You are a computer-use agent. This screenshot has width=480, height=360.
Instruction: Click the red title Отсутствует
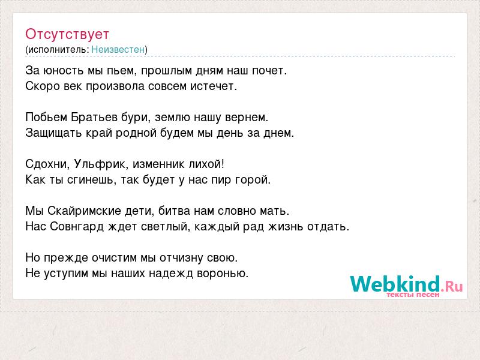pyautogui.click(x=67, y=34)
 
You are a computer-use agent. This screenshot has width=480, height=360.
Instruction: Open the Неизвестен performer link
pyautogui.click(x=118, y=50)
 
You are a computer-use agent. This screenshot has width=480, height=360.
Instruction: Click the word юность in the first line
pyautogui.click(x=64, y=71)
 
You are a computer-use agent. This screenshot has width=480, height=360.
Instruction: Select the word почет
pyautogui.click(x=269, y=71)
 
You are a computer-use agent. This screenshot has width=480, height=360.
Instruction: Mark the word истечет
pyautogui.click(x=214, y=86)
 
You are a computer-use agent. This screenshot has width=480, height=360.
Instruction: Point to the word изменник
pyautogui.click(x=159, y=164)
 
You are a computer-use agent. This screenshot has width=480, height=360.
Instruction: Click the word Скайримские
pyautogui.click(x=85, y=211)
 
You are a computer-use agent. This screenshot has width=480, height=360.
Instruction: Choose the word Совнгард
pyautogui.click(x=77, y=227)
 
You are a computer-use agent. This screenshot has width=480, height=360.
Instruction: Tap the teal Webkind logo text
pyautogui.click(x=395, y=284)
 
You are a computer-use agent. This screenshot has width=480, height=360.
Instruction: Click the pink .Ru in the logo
pyautogui.click(x=452, y=287)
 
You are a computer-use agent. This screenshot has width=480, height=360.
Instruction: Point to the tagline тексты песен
pyautogui.click(x=413, y=295)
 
